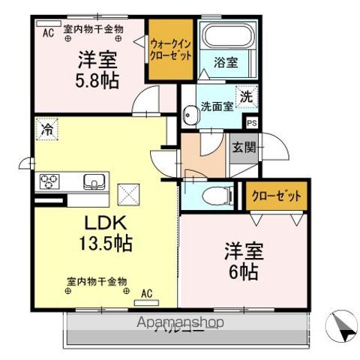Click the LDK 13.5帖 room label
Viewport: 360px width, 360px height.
pos(103,232)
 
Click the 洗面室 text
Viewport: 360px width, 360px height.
pos(216,106)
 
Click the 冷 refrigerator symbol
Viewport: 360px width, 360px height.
pos(47,129)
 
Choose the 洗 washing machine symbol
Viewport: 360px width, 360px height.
pos(246,96)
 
